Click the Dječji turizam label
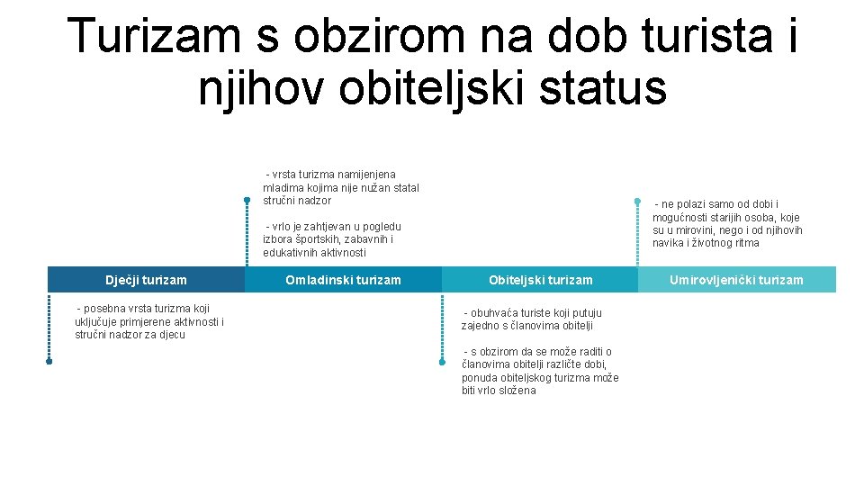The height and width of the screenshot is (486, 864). (x=146, y=280)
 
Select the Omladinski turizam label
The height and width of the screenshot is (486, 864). (x=343, y=280)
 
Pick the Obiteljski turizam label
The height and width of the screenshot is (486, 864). (x=540, y=280)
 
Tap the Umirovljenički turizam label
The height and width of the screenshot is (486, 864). (x=736, y=280)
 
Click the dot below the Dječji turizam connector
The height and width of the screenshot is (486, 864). (x=49, y=362)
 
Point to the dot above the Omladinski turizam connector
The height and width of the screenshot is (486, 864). (x=246, y=200)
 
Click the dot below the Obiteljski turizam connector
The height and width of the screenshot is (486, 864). (x=442, y=362)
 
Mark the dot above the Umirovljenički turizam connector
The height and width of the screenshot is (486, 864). (x=637, y=200)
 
